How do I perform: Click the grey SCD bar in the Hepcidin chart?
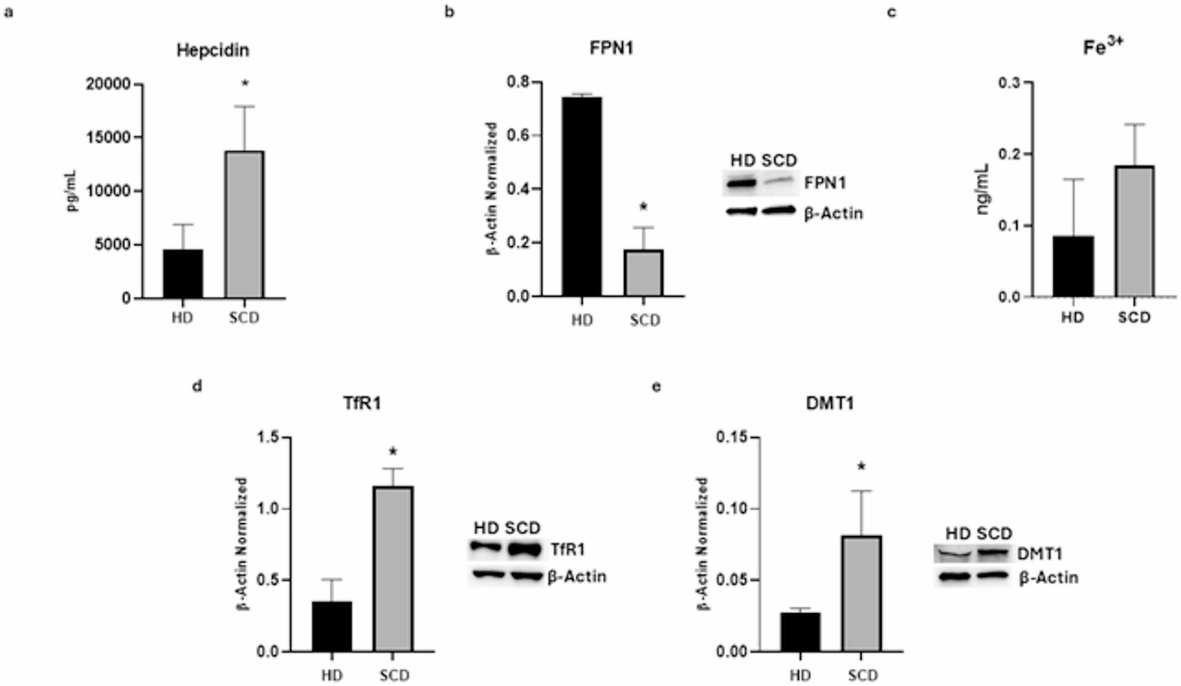[245, 225]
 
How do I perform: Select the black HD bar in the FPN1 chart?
[582, 196]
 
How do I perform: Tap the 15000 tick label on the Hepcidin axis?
[109, 138]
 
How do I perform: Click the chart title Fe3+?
[1103, 47]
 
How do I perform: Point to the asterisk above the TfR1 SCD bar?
[393, 452]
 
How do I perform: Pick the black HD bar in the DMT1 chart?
[800, 632]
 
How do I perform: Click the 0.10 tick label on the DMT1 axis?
[731, 508]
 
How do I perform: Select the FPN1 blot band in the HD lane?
[742, 183]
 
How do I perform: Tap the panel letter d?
[198, 386]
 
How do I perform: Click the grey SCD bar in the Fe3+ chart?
[1135, 232]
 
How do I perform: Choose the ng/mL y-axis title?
[983, 189]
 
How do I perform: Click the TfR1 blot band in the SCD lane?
[525, 550]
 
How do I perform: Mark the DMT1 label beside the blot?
[1039, 554]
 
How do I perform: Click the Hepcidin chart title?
[213, 50]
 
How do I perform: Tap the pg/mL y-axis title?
[73, 190]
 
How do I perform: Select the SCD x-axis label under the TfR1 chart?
[394, 675]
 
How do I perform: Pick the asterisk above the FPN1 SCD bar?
[643, 207]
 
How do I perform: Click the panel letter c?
[892, 12]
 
